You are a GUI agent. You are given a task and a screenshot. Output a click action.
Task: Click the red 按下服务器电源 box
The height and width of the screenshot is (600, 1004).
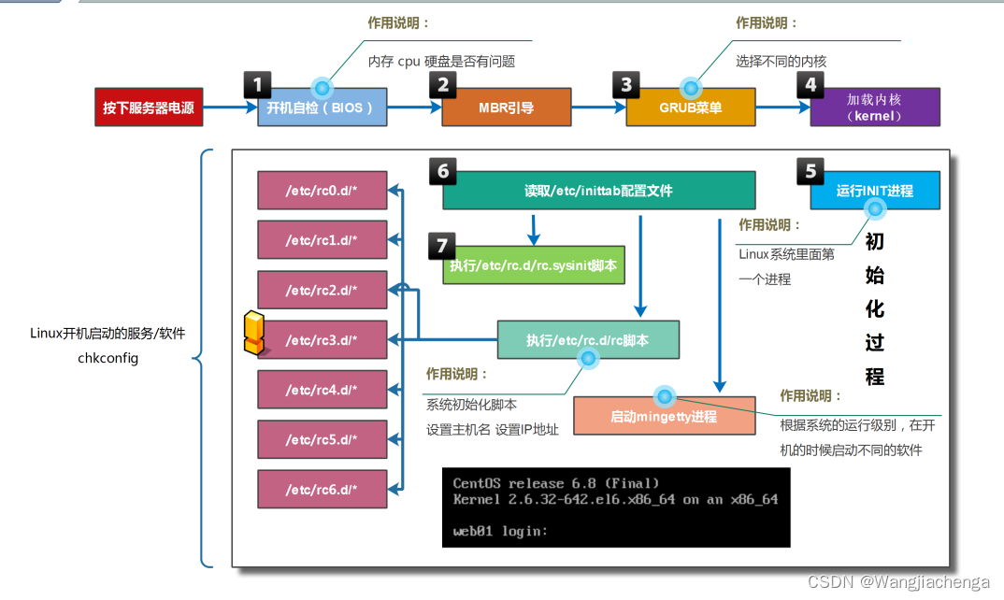149,107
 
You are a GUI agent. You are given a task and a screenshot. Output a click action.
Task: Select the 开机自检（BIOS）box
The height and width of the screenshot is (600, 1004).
322,108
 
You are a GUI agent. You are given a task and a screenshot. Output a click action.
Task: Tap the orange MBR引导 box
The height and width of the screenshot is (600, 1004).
506,107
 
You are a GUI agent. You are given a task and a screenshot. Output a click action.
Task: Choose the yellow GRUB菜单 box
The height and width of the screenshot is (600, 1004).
690,107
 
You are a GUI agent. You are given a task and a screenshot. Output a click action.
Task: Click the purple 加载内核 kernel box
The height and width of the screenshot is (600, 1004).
874,107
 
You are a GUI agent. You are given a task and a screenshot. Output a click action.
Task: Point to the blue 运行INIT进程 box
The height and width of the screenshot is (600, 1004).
874,190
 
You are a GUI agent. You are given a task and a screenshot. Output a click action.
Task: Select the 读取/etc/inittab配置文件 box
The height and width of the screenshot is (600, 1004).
598,190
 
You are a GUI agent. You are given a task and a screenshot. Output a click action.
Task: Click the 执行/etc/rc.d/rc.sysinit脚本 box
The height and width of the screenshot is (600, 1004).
533,265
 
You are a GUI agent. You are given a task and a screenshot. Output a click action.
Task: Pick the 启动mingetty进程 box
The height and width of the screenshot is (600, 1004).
664,416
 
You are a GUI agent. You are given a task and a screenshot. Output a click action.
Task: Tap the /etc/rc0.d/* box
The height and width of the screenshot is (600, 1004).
322,190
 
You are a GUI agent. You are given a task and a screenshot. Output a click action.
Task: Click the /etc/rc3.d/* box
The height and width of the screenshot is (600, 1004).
322,339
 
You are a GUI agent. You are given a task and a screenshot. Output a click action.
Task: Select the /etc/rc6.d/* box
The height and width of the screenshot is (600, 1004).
322,489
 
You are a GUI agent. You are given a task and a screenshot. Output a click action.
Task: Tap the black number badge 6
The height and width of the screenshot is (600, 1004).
443,170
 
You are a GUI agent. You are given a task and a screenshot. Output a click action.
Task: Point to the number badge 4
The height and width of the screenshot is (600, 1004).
810,85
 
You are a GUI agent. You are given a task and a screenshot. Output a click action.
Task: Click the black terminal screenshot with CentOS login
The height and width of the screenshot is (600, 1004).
615,507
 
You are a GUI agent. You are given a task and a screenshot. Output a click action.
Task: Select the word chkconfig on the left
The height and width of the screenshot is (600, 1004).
108,357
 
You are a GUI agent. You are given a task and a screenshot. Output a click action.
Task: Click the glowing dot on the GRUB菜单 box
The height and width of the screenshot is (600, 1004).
691,89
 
